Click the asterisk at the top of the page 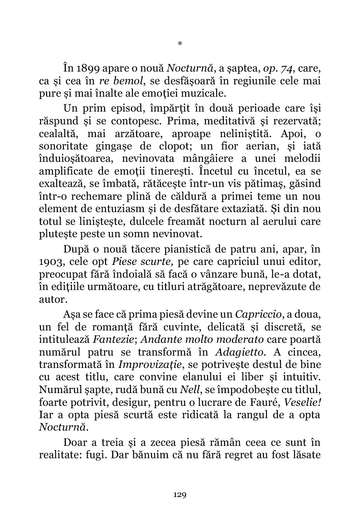pyautogui.click(x=180, y=43)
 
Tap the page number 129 pyautogui.click(x=180, y=494)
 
